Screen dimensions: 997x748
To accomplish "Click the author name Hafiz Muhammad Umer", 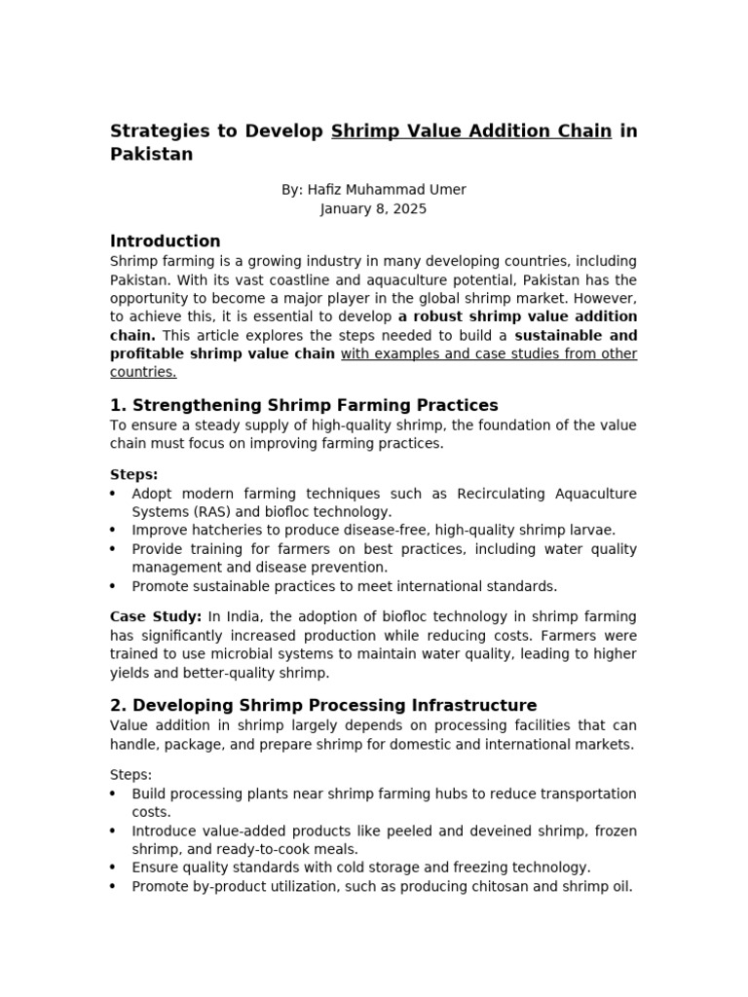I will point(388,190).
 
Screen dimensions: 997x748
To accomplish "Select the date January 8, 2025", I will point(374,208).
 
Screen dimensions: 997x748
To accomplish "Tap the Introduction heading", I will point(166,241).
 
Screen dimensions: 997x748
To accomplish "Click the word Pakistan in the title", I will point(151,155).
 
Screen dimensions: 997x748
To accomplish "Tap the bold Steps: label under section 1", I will point(133,475).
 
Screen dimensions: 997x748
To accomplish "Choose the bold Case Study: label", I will point(156,616).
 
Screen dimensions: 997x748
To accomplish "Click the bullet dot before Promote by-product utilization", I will point(114,886).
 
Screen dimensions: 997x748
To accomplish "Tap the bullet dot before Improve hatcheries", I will point(114,530).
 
